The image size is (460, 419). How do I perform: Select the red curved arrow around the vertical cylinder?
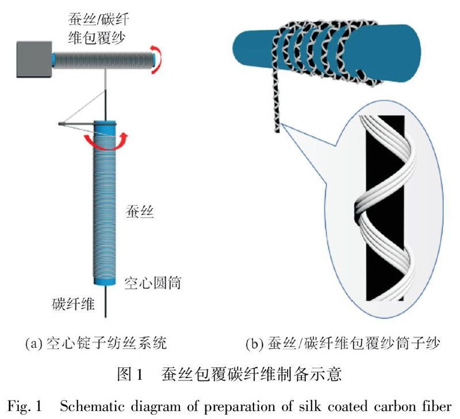coord(105,139)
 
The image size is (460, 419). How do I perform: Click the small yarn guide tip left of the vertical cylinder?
coord(62,123)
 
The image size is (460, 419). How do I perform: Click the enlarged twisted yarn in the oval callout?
coord(382,207)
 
